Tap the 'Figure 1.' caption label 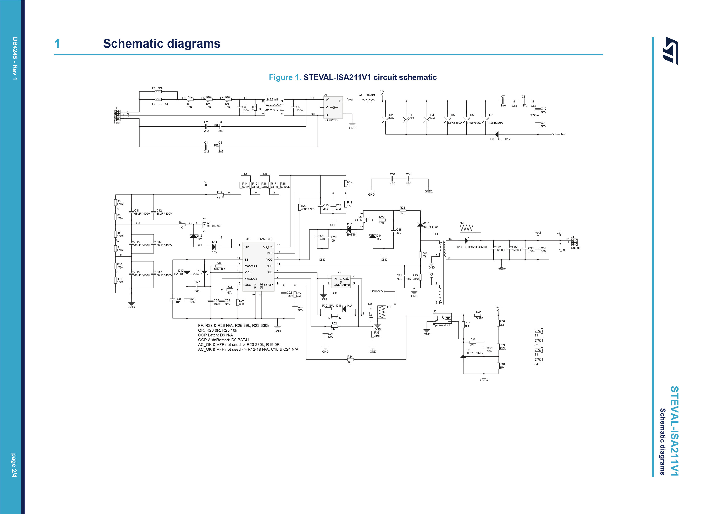(285, 77)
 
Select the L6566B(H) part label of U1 (265, 239)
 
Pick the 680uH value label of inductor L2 (370, 95)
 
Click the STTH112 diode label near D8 (504, 139)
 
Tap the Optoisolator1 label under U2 (441, 325)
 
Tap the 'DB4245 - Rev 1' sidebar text (15, 59)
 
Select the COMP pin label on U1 (268, 285)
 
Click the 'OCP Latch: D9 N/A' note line (215, 335)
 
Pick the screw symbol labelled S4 (539, 359)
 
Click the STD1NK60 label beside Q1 (214, 226)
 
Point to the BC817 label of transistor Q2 (358, 220)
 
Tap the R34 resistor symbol (350, 359)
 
